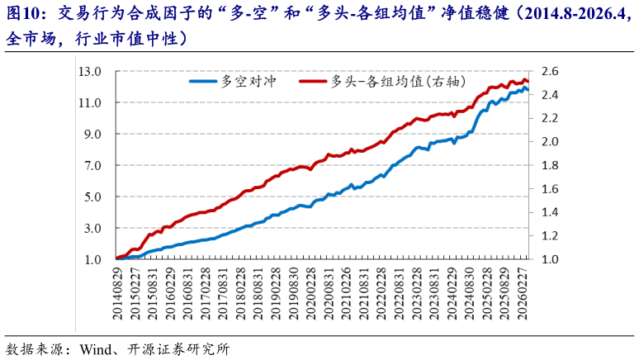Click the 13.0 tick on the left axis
(x=90, y=72)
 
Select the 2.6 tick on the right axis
(x=549, y=72)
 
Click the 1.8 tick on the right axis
(x=549, y=166)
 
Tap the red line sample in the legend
(x=310, y=81)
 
